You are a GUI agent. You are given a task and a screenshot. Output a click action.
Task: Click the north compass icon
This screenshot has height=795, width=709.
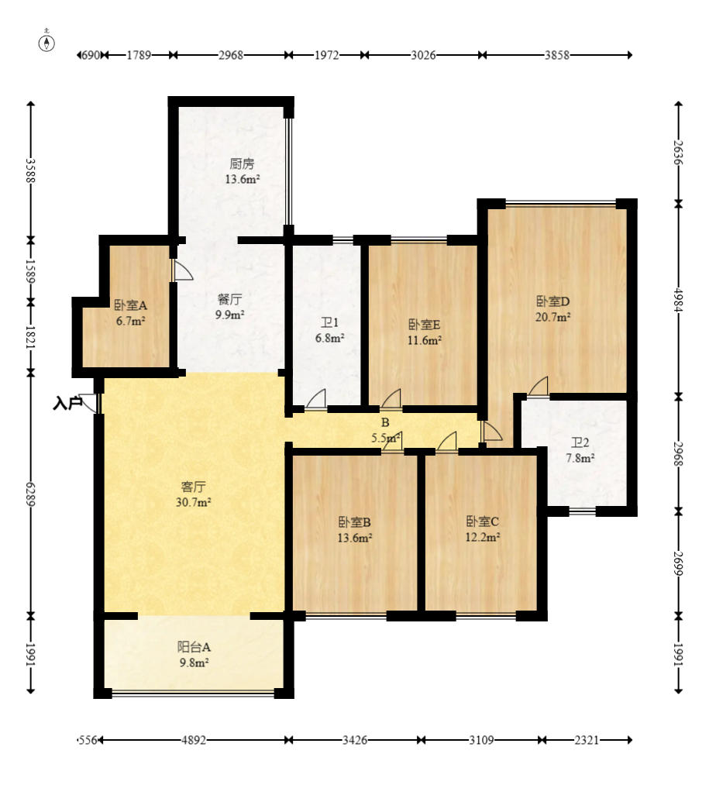(x=46, y=43)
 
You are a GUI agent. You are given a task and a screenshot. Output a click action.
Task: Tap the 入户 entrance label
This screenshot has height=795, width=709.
(x=67, y=403)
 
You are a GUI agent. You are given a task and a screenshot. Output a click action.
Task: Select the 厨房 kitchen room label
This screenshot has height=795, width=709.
(x=242, y=163)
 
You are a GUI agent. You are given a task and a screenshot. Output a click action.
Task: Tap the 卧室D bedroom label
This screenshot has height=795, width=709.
(x=552, y=301)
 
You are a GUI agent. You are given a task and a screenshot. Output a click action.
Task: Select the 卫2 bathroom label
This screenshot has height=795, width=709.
(x=580, y=443)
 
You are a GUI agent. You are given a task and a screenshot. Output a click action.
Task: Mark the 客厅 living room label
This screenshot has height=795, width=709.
(x=193, y=487)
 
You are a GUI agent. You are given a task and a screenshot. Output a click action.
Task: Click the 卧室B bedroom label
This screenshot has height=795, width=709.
(x=354, y=521)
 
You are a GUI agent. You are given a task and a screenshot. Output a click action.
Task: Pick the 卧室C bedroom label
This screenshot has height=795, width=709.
(x=482, y=521)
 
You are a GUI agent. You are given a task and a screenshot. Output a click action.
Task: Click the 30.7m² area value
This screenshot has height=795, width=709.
(x=194, y=502)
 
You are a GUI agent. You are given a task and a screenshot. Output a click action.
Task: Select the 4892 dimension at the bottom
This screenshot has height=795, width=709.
(x=193, y=740)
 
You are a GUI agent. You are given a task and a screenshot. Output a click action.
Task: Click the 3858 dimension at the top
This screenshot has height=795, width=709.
(x=556, y=55)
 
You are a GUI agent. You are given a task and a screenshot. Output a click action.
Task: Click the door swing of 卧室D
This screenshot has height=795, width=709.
(x=539, y=386)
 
